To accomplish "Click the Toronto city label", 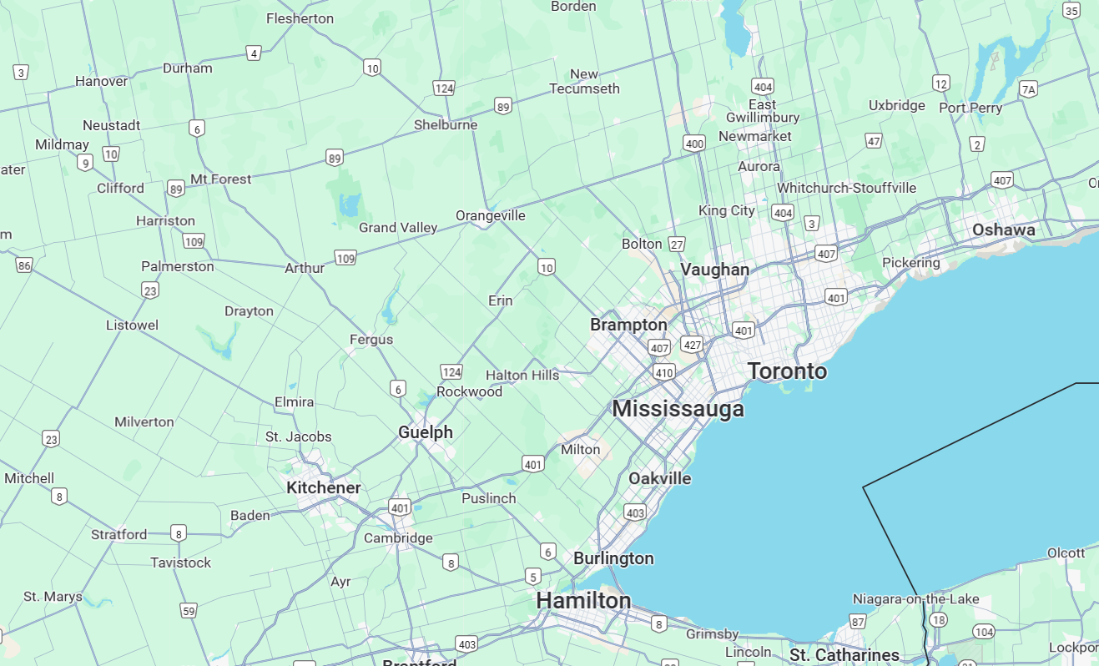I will [787, 371].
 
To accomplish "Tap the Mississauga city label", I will [678, 409].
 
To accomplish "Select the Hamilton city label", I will [583, 600].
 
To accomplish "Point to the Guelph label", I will [426, 432].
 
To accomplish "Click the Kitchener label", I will [324, 487].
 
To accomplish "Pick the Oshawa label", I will [1003, 230].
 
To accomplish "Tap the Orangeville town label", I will [491, 215].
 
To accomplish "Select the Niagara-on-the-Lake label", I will [910, 599].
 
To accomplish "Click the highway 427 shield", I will [692, 344].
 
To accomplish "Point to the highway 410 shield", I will [664, 372].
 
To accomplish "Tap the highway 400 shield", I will [694, 144].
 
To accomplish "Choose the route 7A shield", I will [1029, 89].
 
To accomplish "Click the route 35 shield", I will [1072, 10].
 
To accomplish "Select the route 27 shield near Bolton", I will [677, 245].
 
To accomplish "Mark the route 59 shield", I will [189, 611].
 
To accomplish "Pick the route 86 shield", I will [23, 265].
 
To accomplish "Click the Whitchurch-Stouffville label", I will [846, 188].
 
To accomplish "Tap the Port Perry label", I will [970, 108].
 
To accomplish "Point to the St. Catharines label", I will [844, 655].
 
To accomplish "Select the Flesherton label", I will [300, 18].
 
